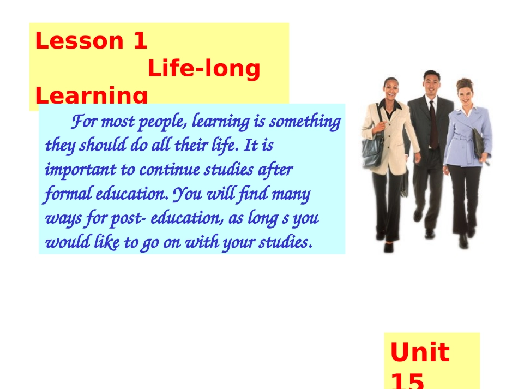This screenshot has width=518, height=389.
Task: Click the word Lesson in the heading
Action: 79,41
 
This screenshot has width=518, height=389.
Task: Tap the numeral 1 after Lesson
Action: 140,41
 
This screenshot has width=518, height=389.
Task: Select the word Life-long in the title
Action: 204,69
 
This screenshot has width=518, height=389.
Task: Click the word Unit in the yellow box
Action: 419,352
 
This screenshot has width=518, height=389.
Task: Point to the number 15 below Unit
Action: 407,380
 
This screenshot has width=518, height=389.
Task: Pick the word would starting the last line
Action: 61,242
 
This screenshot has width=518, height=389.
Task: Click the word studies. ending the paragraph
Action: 287,242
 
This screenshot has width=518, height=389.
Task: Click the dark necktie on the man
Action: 433,123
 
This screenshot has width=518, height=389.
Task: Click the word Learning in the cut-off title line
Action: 91,96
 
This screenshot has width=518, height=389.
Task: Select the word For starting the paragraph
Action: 84,121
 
